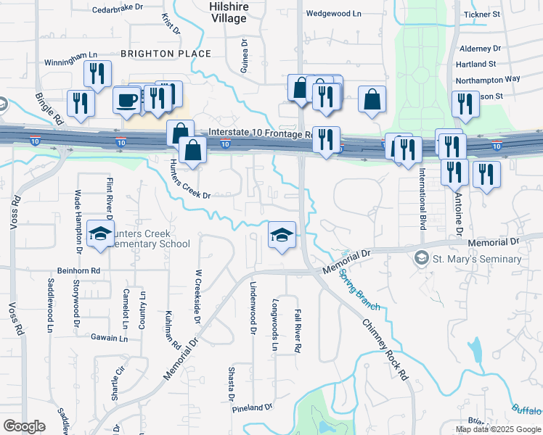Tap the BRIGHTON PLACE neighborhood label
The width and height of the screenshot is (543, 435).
[166, 54]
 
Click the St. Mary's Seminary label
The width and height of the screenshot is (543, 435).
[477, 259]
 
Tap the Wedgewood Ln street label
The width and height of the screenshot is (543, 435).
[333, 13]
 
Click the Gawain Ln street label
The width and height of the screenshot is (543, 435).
[109, 338]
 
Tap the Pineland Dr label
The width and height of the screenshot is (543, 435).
[252, 408]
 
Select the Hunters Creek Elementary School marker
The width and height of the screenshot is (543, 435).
[99, 234]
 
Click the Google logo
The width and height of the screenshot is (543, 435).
[24, 426]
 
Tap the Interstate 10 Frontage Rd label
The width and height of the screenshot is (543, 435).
[260, 133]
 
